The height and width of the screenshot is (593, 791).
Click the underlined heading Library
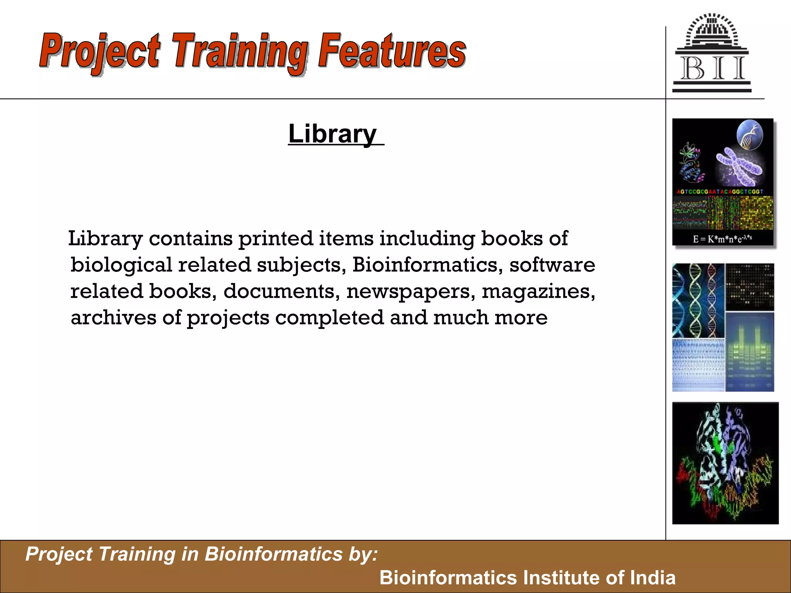333,134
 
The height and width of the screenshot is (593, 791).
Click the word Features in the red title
392,52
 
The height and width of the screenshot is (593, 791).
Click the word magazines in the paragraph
538,291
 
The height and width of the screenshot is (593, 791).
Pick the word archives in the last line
113,318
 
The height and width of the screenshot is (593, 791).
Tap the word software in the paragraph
552,265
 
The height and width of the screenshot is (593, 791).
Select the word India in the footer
653,578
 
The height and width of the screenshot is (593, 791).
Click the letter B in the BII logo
693,69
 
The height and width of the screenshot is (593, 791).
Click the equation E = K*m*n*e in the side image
722,239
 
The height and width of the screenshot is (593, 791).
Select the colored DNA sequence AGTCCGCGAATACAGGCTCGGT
720,191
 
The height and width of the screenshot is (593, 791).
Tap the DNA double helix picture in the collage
698,300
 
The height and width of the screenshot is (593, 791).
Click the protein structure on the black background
725,463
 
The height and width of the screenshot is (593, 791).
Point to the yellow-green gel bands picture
749,351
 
